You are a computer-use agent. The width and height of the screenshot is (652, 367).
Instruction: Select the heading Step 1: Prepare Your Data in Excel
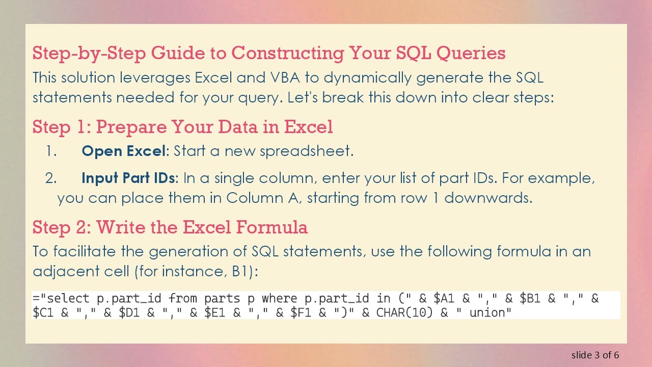[182, 126]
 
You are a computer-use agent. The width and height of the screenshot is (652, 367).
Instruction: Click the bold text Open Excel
[124, 151]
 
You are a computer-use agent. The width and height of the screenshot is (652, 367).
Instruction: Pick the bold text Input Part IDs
[128, 178]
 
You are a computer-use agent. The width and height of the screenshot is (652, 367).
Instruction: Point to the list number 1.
[50, 151]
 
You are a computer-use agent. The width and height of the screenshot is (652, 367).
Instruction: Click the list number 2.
[50, 178]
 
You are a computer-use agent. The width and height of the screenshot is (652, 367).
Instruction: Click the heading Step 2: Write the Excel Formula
[170, 227]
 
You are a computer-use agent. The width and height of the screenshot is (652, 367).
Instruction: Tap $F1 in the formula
[301, 312]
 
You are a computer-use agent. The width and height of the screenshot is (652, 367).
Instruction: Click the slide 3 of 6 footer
[595, 355]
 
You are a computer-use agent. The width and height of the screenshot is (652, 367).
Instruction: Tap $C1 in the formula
[43, 312]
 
